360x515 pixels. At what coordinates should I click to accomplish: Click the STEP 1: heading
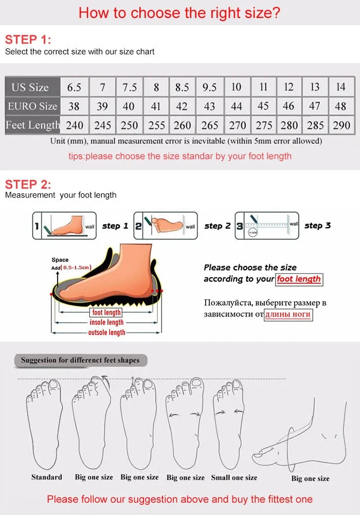[28, 40]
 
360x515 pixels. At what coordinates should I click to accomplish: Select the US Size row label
[30, 87]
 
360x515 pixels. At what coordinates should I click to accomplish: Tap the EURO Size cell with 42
[182, 106]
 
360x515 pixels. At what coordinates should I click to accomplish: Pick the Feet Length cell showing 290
[341, 125]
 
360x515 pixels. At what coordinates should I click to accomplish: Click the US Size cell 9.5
[209, 87]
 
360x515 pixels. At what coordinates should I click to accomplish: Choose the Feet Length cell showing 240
[74, 125]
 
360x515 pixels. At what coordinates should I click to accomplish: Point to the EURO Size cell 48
[341, 106]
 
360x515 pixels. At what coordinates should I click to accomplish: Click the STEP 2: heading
[28, 184]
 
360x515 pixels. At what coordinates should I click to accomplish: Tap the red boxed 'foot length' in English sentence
[299, 279]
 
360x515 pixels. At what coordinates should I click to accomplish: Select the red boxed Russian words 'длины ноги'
[288, 314]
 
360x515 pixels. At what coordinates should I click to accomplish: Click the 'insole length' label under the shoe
[106, 322]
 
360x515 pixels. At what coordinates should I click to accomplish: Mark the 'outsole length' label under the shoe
[106, 333]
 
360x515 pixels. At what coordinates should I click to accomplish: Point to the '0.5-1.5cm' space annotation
[76, 267]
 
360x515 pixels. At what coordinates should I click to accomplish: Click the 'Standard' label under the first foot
[46, 477]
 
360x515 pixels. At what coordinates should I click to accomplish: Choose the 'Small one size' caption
[234, 477]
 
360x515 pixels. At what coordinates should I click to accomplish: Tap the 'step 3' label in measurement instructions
[317, 226]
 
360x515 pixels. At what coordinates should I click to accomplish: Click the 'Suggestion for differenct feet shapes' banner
[80, 360]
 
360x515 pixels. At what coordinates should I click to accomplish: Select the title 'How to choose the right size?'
[179, 13]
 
